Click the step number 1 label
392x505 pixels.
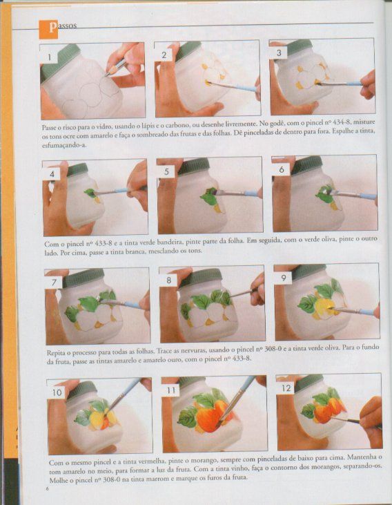(x=49, y=57)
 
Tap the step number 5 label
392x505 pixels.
(x=166, y=171)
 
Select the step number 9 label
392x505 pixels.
(x=283, y=278)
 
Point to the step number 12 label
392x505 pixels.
(x=286, y=388)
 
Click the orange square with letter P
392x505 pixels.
(x=48, y=29)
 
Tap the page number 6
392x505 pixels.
(x=47, y=488)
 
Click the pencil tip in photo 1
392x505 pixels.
(x=106, y=75)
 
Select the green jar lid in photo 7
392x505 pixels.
(x=83, y=278)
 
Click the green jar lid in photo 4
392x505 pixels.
(x=77, y=170)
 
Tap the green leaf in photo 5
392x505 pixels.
(x=209, y=196)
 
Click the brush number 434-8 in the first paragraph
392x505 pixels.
(x=339, y=122)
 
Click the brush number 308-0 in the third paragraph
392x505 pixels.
(x=270, y=349)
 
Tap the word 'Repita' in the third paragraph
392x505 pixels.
(x=55, y=352)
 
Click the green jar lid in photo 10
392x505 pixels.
(x=81, y=390)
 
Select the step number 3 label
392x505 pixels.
(x=279, y=53)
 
